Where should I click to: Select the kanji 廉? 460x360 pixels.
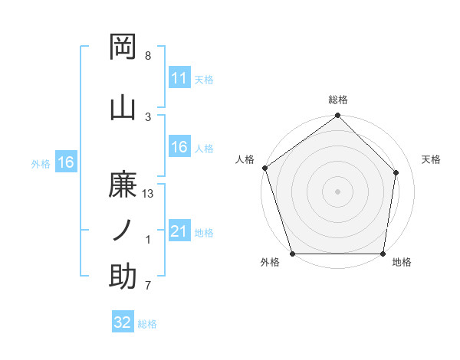tap(123, 184)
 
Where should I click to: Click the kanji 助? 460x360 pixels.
tap(123, 276)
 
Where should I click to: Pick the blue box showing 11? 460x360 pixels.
tap(179, 78)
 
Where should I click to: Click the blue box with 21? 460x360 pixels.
tap(179, 231)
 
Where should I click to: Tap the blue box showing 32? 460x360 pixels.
tap(123, 322)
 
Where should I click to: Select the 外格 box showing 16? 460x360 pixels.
tap(65, 162)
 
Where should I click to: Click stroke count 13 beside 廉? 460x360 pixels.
tap(148, 194)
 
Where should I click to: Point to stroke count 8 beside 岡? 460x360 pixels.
tap(148, 56)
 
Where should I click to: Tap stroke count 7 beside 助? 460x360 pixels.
tap(148, 286)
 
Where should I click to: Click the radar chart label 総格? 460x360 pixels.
tap(338, 100)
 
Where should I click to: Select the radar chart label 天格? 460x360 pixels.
tap(432, 159)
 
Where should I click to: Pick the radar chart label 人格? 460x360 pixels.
tap(245, 159)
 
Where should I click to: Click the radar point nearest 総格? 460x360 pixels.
tap(338, 116)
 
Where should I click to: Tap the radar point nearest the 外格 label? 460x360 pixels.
tap(292, 254)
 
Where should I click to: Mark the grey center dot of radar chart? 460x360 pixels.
tap(338, 191)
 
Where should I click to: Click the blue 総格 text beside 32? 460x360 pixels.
tap(147, 324)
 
